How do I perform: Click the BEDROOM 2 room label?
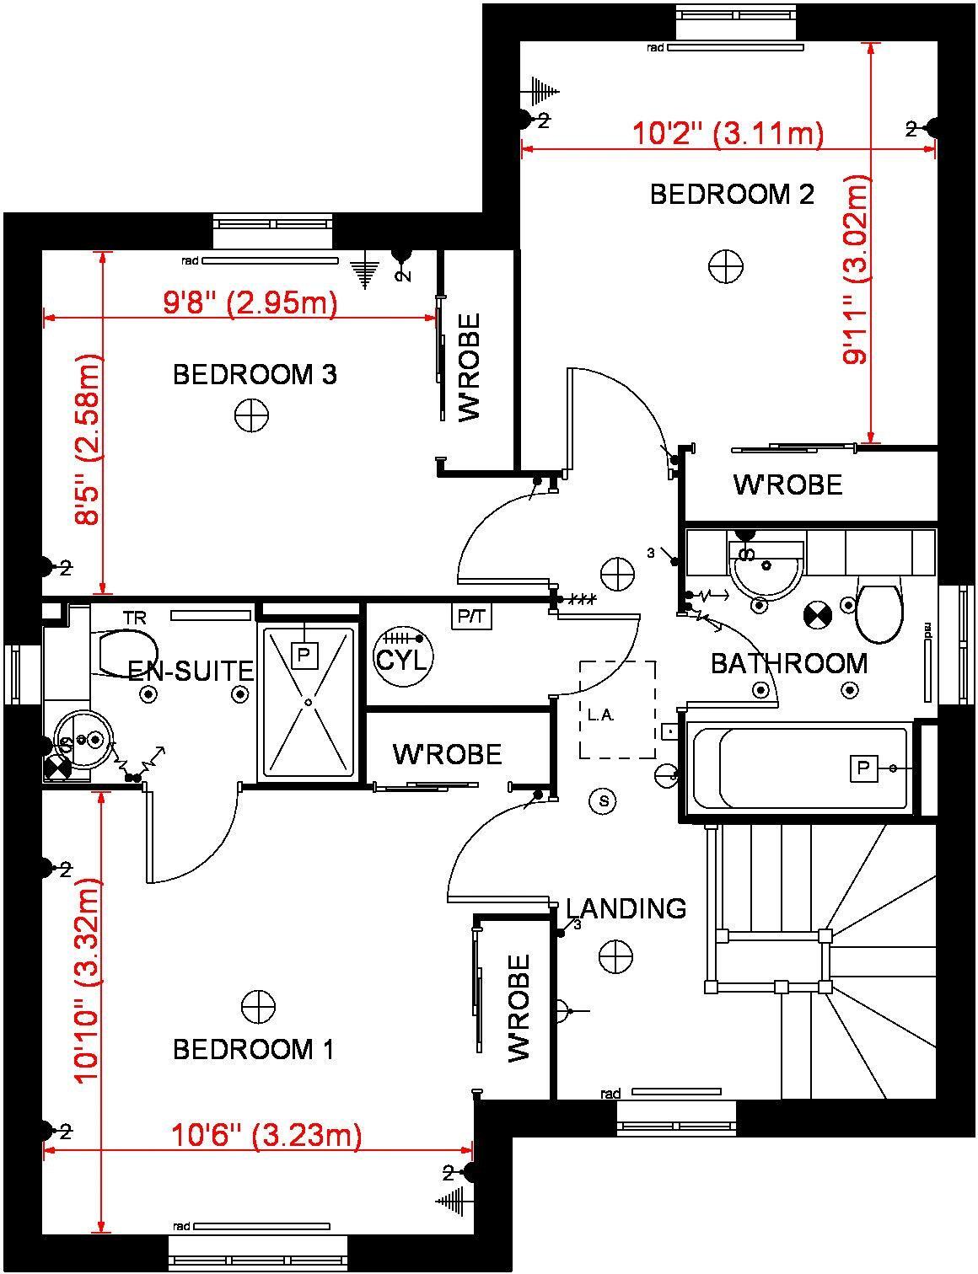[x=732, y=195]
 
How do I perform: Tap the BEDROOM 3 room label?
[x=255, y=374]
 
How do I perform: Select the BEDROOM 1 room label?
[x=253, y=1050]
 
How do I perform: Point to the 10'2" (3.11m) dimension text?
[x=728, y=133]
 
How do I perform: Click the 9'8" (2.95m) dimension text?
[x=250, y=302]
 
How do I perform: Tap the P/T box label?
[x=472, y=617]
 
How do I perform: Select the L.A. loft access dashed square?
[x=617, y=709]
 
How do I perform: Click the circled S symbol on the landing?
[x=603, y=800]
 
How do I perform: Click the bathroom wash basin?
[x=766, y=569]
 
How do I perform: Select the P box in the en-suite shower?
[x=304, y=655]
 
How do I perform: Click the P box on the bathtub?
[x=862, y=768]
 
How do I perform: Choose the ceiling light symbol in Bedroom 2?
[x=726, y=266]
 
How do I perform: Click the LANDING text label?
[x=626, y=908]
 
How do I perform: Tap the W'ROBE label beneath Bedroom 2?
[x=787, y=484]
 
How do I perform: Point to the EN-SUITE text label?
[x=191, y=671]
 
